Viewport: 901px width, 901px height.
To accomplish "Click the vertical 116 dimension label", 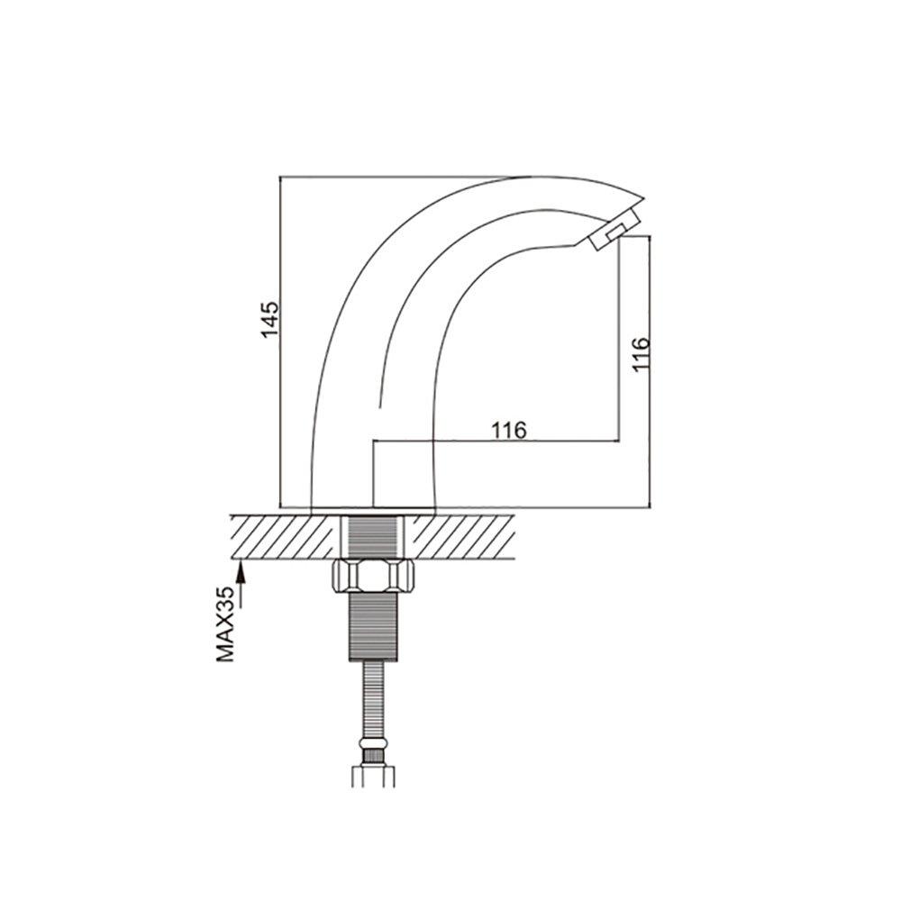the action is (x=640, y=354).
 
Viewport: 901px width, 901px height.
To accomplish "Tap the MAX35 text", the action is (x=226, y=624).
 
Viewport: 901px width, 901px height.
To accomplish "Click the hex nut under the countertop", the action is (x=374, y=576).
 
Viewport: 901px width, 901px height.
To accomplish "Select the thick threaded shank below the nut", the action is (x=374, y=626).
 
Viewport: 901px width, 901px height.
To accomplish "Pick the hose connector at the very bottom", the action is (x=374, y=775).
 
